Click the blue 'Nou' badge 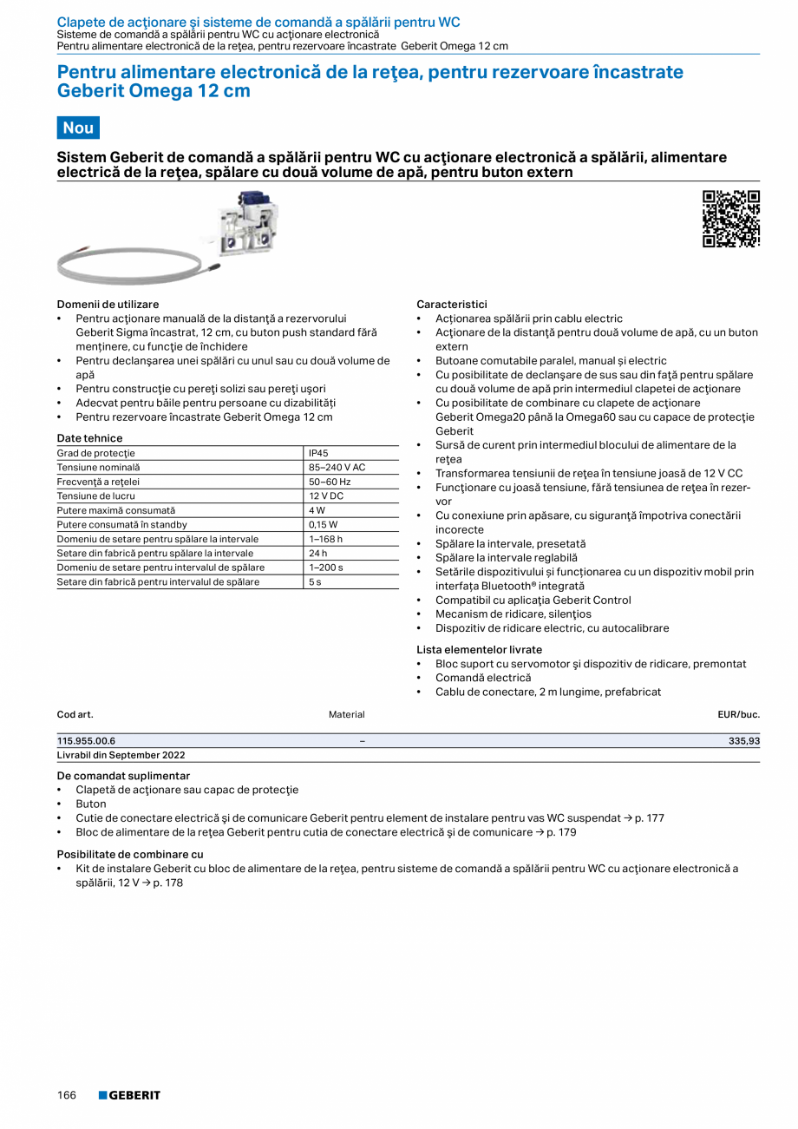click(x=78, y=128)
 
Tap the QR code click(x=730, y=219)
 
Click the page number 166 click(x=67, y=1095)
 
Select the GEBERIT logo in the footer click(x=129, y=1095)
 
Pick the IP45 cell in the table click(x=318, y=453)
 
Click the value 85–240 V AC click(x=337, y=468)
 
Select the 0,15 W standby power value click(x=323, y=525)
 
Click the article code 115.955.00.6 click(x=86, y=741)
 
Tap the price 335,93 click(x=743, y=741)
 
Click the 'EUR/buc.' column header click(x=738, y=714)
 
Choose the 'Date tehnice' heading click(x=89, y=438)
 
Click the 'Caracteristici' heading click(x=452, y=305)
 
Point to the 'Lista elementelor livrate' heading click(x=479, y=649)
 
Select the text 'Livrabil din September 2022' click(x=121, y=755)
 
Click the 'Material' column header click(x=346, y=714)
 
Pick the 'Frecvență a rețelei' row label click(x=98, y=482)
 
